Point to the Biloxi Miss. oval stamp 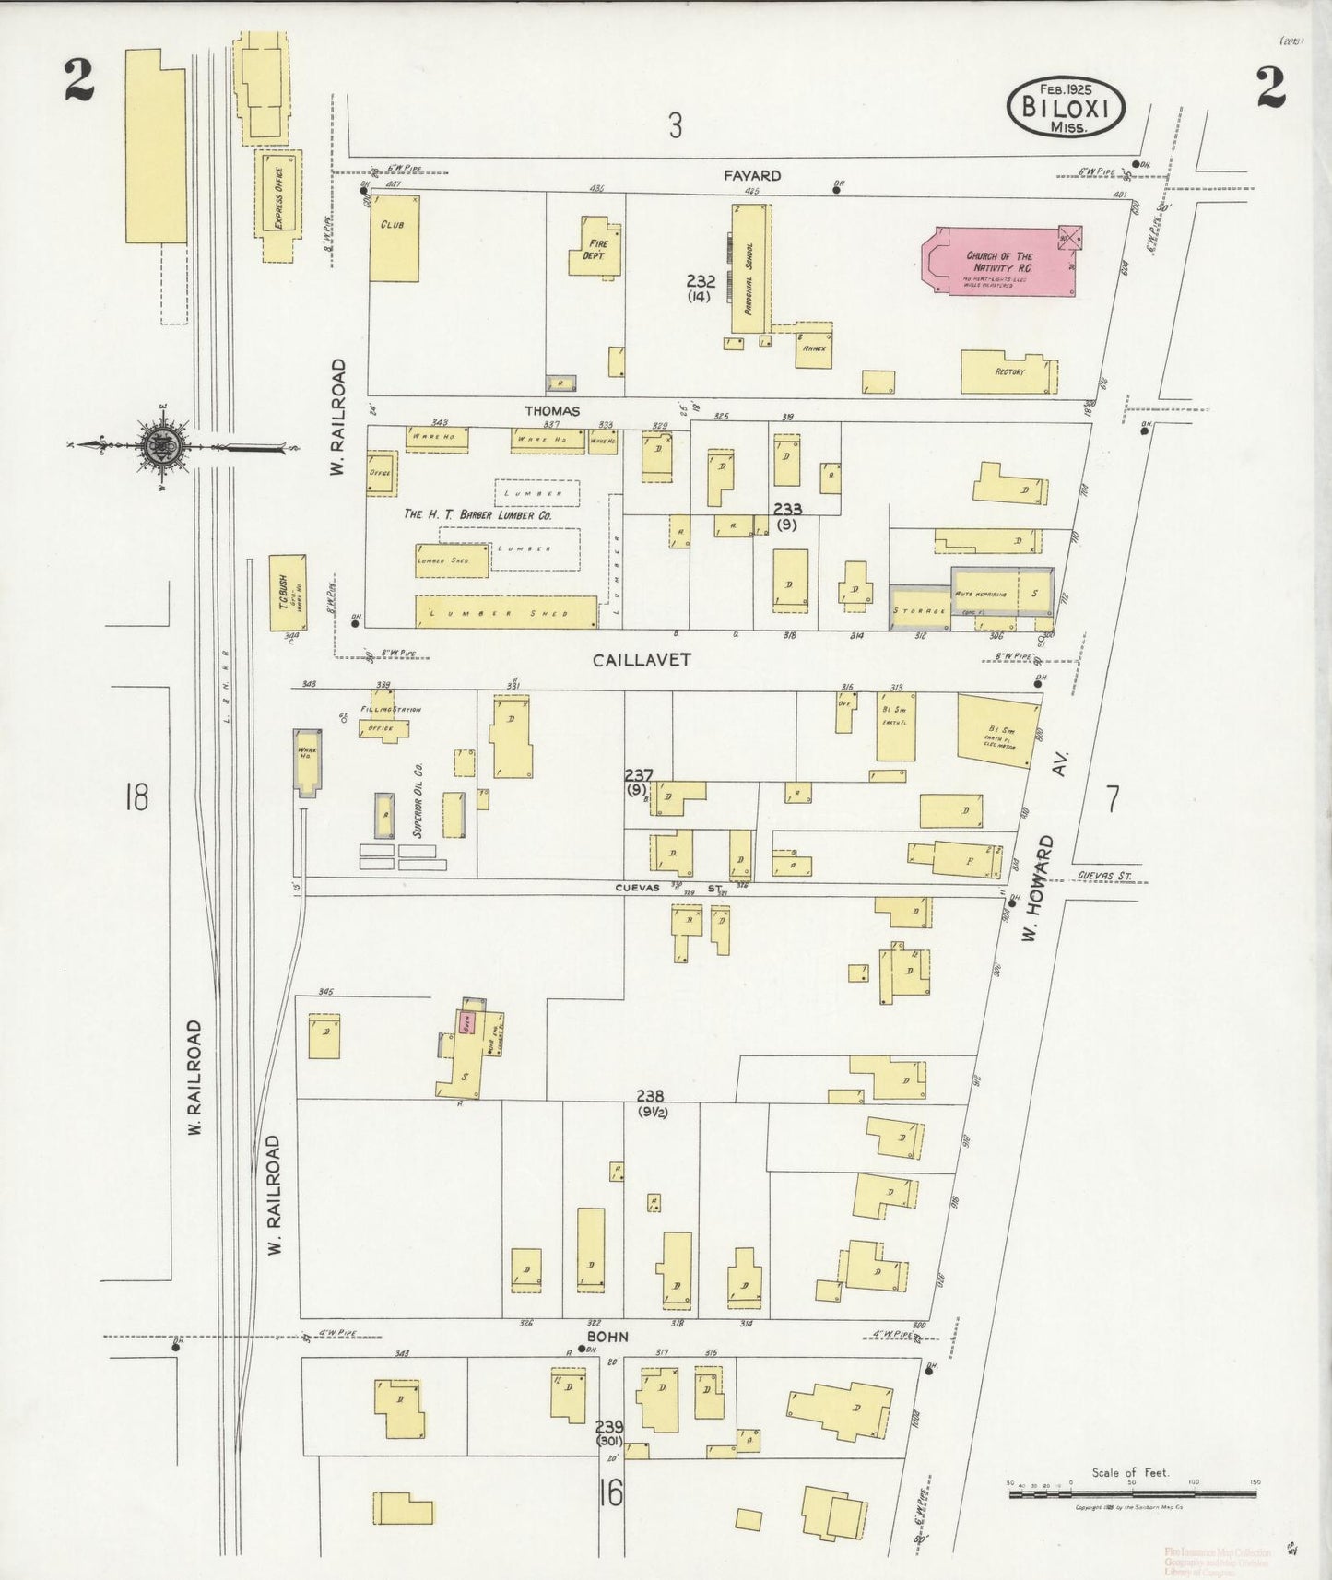[x=1066, y=108]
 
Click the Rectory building [x=1007, y=371]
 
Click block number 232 [x=700, y=282]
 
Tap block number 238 [x=650, y=1096]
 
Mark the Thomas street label [x=552, y=411]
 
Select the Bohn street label [x=608, y=1336]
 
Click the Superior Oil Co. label [x=418, y=799]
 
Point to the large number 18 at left [x=136, y=796]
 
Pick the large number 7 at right [x=1113, y=798]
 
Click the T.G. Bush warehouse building [x=287, y=592]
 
